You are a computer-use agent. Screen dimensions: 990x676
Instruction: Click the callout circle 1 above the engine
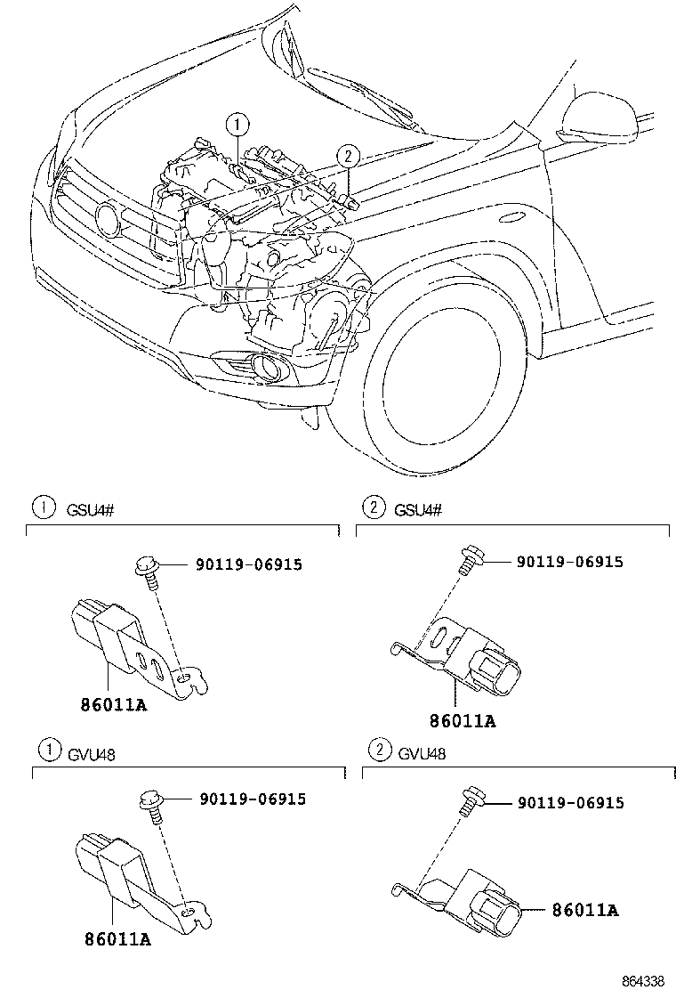point(237,124)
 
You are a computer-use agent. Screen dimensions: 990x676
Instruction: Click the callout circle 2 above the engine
point(349,157)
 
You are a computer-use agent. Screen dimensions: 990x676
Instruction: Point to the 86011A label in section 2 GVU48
point(585,910)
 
